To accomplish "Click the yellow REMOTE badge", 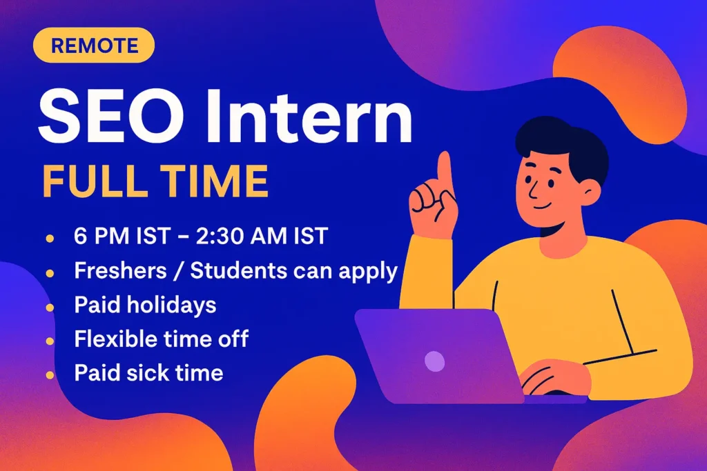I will (x=94, y=46).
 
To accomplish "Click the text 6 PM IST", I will (x=122, y=237).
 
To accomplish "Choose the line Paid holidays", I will (x=145, y=305).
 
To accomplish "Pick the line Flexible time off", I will (x=162, y=339).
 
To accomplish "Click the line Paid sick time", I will (x=148, y=373).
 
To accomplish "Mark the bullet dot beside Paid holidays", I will (x=50, y=305).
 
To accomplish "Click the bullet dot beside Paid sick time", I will (x=50, y=374).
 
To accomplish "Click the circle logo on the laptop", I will (x=434, y=361).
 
